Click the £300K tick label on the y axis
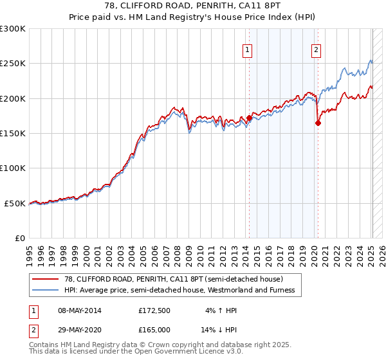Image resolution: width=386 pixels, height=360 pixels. click(x=13, y=29)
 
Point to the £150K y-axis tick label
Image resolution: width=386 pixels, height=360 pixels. click(x=13, y=134)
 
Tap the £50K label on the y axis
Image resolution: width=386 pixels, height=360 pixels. click(x=15, y=203)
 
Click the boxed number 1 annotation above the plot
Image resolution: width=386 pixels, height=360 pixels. click(x=248, y=50)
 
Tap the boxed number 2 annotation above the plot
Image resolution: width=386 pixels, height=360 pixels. click(x=317, y=50)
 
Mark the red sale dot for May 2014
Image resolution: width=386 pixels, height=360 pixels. click(x=249, y=118)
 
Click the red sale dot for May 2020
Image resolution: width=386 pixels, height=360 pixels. click(x=318, y=123)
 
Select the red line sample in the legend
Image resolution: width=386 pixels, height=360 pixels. click(x=45, y=279)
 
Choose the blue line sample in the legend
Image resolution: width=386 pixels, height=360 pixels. click(x=45, y=290)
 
